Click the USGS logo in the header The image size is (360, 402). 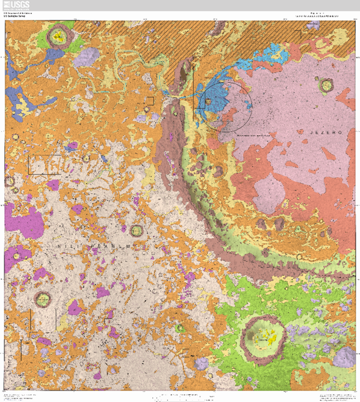coord(16,6)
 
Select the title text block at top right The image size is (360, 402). coord(317,15)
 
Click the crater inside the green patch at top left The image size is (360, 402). coord(57,38)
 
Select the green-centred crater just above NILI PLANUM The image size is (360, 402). coord(136,230)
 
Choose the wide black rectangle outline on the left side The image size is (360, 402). coord(45,164)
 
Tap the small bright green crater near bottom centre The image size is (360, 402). coord(180,328)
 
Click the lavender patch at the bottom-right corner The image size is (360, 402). coord(344,357)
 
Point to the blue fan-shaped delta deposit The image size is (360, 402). coord(219,90)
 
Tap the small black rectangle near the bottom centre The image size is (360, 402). coord(186,353)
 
